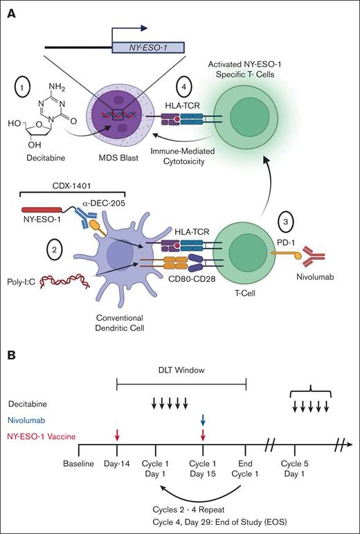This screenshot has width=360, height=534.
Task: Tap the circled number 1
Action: click(24, 90)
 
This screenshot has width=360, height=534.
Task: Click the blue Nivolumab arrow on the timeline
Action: click(203, 420)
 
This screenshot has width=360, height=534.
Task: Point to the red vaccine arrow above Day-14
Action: click(117, 436)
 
